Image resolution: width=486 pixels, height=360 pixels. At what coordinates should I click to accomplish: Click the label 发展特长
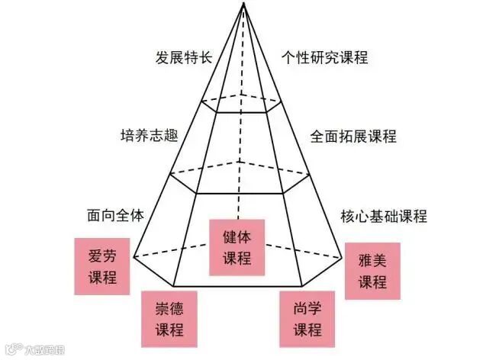[183, 58]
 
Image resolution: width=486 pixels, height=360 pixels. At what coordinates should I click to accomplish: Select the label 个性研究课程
[324, 58]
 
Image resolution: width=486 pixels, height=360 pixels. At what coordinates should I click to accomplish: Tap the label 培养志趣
[150, 137]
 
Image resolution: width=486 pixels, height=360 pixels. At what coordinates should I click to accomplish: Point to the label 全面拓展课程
[353, 137]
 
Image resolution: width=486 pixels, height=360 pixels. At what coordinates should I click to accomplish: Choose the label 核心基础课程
[383, 216]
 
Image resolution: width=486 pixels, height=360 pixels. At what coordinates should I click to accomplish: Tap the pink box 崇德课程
[169, 318]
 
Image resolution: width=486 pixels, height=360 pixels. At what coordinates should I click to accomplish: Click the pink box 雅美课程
[372, 270]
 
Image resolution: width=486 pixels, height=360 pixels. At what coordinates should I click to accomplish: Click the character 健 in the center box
[228, 236]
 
